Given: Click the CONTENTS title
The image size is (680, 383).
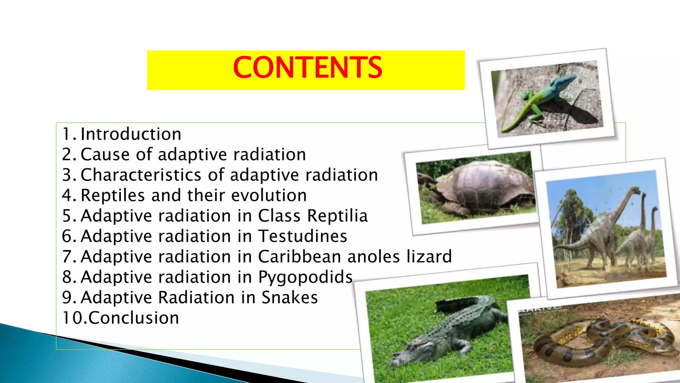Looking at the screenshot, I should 307,67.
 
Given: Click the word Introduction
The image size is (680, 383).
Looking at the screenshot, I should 131,134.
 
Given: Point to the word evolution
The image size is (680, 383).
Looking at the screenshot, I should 269,195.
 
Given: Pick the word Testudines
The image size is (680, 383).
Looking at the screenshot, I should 302,236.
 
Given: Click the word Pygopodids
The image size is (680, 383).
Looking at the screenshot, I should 305,278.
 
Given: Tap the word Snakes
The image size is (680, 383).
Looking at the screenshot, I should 290,298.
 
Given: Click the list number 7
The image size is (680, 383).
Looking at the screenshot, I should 67,257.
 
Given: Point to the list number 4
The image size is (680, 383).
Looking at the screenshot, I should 67,195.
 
